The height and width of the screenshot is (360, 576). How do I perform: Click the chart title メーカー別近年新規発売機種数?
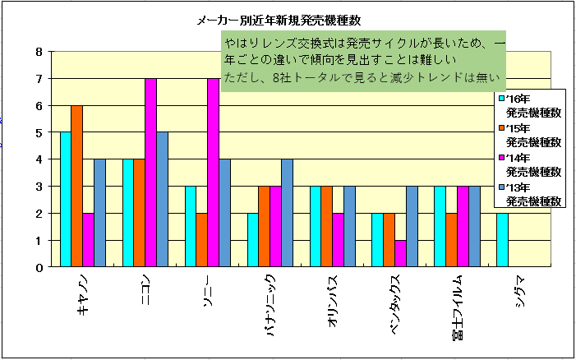tap(279, 21)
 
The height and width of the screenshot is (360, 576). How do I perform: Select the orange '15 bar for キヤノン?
tap(76, 186)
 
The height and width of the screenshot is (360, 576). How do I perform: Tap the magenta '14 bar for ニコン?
tap(150, 173)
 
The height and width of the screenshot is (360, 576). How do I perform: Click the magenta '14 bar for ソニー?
tap(213, 173)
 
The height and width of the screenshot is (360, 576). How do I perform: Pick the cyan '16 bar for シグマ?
tap(503, 240)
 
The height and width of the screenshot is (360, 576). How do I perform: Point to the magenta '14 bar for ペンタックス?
tap(400, 253)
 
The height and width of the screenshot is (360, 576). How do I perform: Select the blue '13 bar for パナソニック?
tap(287, 213)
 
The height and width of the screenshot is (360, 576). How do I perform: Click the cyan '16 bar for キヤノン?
tap(66, 199)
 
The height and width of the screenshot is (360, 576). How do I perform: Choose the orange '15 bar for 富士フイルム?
tap(452, 240)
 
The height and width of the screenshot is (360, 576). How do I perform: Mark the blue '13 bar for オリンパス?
tap(349, 226)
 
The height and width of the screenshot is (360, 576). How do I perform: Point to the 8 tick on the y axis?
tap(39, 52)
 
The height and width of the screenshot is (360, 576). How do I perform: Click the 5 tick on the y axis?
tap(39, 132)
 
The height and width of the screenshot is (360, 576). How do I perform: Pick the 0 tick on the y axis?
tap(39, 267)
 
